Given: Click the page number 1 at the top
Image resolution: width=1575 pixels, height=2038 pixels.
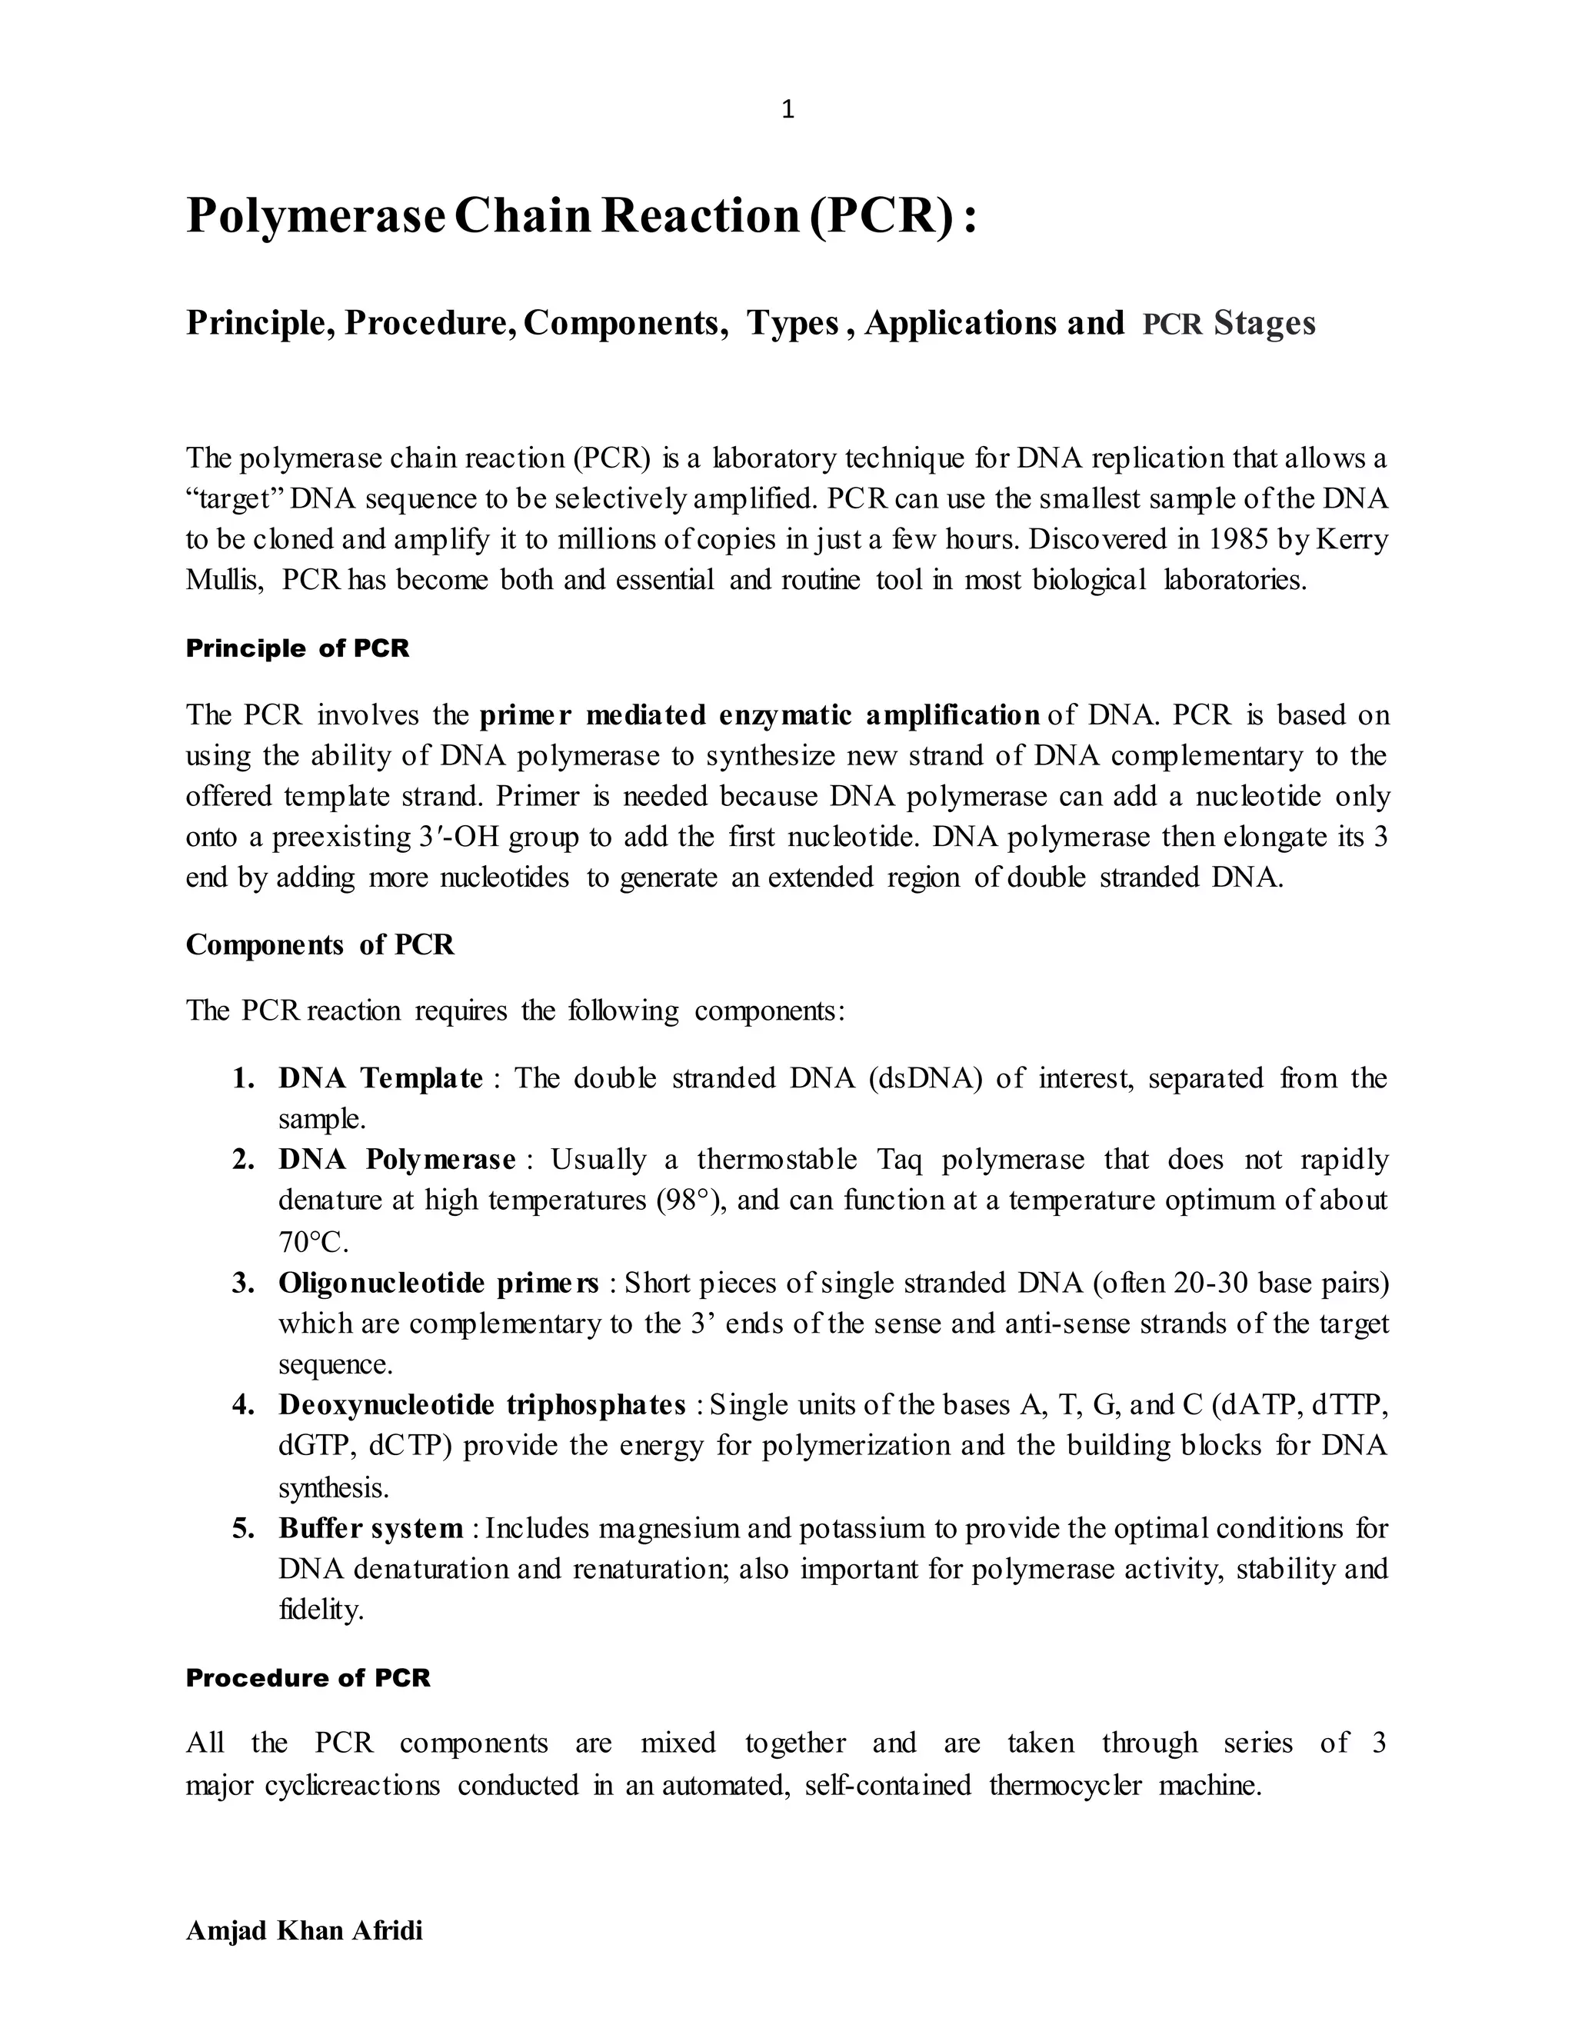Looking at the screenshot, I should click(x=787, y=110).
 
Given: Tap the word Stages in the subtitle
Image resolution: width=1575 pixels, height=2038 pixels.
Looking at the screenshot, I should click(x=1264, y=323).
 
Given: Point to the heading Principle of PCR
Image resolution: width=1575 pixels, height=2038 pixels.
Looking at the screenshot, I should click(x=297, y=648).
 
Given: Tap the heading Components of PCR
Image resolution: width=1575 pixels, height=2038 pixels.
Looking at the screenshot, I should click(x=319, y=944).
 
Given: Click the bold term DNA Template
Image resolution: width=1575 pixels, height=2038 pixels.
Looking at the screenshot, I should click(x=380, y=1079).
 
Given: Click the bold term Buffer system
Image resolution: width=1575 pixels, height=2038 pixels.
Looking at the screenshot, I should click(x=371, y=1529).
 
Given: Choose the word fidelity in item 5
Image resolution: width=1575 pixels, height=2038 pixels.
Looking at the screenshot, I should click(x=320, y=1610).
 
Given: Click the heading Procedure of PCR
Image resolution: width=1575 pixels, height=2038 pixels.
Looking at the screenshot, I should click(x=308, y=1678).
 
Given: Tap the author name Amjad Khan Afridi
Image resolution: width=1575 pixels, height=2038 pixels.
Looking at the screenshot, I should click(x=305, y=1930).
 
